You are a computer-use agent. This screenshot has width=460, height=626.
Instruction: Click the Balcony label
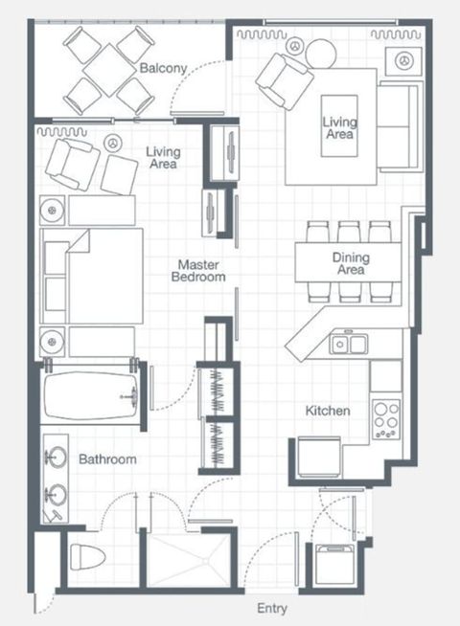(163, 68)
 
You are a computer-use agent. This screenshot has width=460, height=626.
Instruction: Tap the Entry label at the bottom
(272, 609)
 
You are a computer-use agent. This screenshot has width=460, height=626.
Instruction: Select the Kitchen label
(328, 411)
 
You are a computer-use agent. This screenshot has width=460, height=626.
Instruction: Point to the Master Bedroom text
(198, 271)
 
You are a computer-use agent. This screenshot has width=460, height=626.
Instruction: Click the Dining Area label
(351, 263)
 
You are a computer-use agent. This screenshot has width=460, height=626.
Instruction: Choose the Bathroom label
(107, 459)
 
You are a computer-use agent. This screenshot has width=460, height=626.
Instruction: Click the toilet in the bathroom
(87, 557)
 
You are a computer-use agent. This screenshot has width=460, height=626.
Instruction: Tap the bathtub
(90, 395)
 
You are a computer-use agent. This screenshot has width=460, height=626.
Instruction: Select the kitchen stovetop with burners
(386, 419)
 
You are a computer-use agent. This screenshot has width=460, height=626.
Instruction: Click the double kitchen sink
(349, 345)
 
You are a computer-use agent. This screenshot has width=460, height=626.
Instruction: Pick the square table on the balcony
(109, 70)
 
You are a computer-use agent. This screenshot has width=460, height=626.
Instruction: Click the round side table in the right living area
(321, 54)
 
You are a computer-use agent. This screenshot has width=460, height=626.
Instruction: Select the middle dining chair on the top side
(349, 232)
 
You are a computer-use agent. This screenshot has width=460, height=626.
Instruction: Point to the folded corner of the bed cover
(80, 241)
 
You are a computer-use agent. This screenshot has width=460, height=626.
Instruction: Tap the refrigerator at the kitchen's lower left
(319, 457)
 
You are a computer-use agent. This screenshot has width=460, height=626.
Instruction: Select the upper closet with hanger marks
(217, 391)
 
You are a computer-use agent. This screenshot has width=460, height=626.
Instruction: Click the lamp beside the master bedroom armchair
(113, 143)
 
